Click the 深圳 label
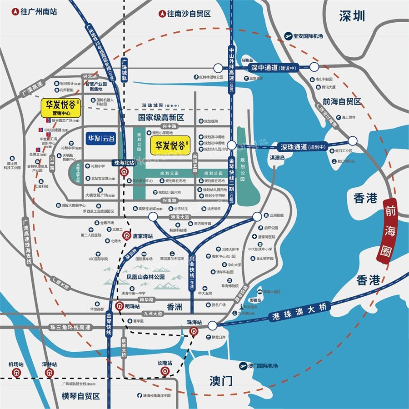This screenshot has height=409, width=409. point(352,17)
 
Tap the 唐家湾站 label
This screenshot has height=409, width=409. point(143,236)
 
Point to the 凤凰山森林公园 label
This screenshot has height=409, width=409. point(145,276)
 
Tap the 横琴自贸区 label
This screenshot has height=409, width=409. point(81,396)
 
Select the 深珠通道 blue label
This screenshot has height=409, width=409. point(297,147)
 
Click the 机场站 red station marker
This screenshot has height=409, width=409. point(16,373)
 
